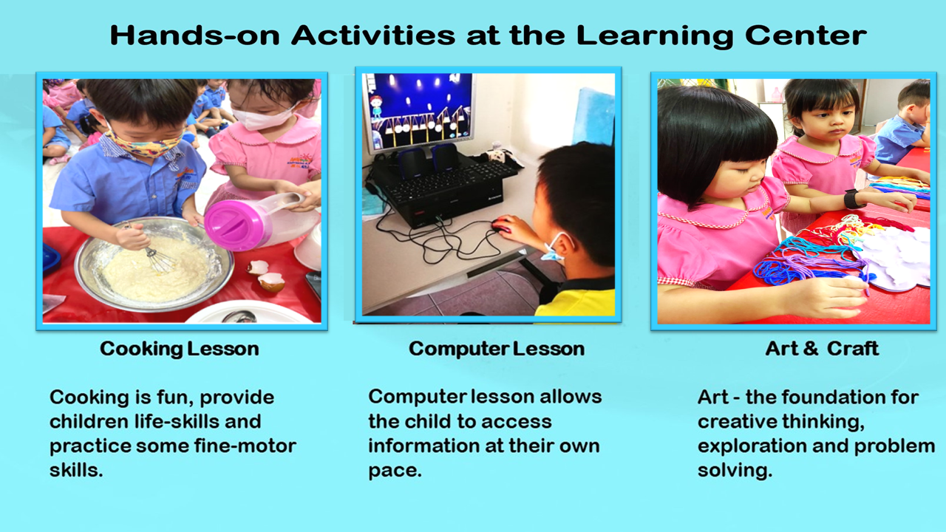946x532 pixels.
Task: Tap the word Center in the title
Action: (806, 35)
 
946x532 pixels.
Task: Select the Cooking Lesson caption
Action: (180, 349)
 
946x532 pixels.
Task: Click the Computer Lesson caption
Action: (497, 349)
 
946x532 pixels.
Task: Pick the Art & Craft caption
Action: (822, 349)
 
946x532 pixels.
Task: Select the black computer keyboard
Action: (452, 182)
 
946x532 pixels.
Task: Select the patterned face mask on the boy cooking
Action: (144, 144)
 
